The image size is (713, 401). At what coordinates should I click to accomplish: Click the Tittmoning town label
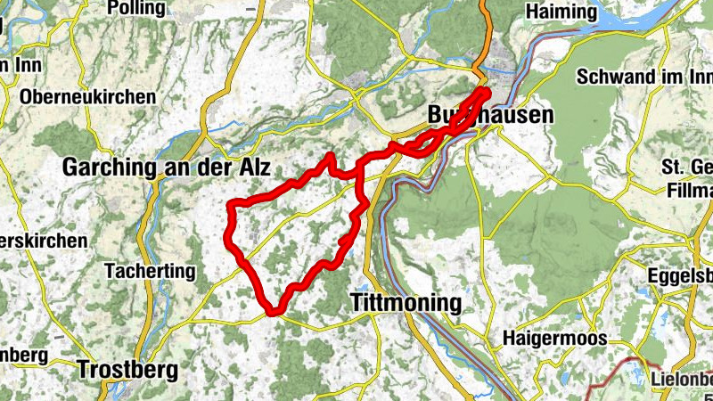(x=406, y=303)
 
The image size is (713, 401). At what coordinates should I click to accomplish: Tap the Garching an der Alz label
(x=166, y=167)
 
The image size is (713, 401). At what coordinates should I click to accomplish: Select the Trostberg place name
(x=127, y=369)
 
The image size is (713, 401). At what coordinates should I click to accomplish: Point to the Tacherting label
(x=149, y=270)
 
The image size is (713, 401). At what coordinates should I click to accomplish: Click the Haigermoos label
(x=554, y=339)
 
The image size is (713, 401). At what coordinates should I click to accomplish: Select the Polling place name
(x=135, y=9)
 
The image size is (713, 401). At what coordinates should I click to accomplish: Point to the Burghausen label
(x=489, y=115)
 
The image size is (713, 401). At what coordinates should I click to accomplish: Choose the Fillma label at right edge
(x=688, y=190)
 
